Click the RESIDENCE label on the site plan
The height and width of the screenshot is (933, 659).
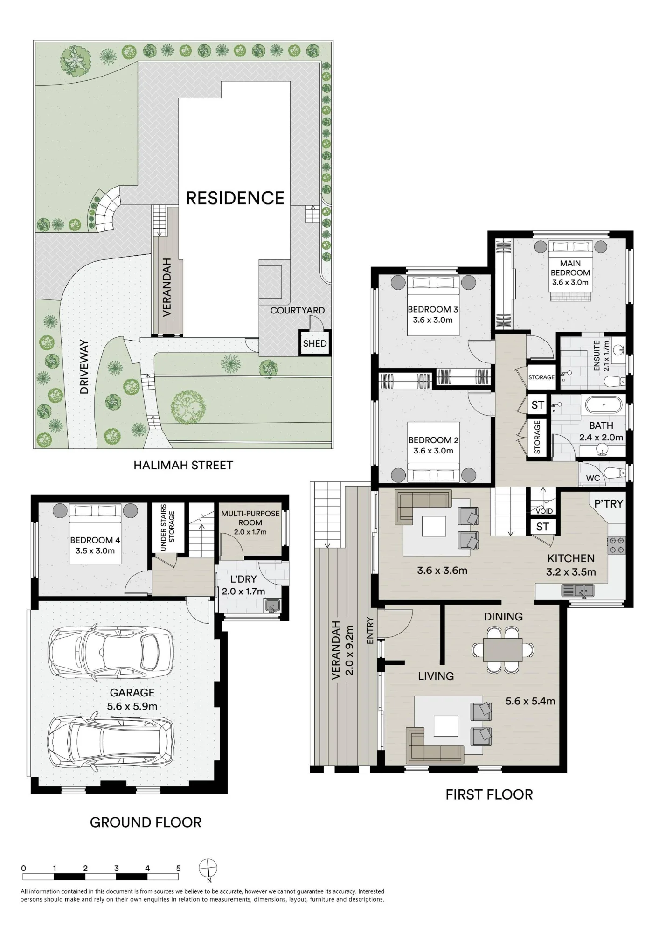pyautogui.click(x=235, y=198)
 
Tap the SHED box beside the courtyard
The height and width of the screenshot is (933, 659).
pyautogui.click(x=315, y=343)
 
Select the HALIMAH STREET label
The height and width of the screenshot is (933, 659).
pyautogui.click(x=183, y=465)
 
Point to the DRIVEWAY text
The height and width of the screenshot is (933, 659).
pyautogui.click(x=84, y=367)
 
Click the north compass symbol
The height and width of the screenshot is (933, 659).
pyautogui.click(x=208, y=869)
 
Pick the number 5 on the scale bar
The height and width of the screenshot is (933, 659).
pyautogui.click(x=178, y=868)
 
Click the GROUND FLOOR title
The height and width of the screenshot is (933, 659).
pyautogui.click(x=146, y=822)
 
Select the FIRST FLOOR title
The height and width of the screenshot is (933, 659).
pyautogui.click(x=489, y=794)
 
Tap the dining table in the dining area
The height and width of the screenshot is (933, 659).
pyautogui.click(x=503, y=650)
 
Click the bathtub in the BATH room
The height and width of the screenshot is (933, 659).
pyautogui.click(x=604, y=405)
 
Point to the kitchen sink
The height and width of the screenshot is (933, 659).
pyautogui.click(x=578, y=591)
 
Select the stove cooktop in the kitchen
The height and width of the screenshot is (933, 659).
pyautogui.click(x=616, y=545)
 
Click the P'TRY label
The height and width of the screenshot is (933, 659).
pyautogui.click(x=609, y=504)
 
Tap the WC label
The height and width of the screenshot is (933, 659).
pyautogui.click(x=593, y=478)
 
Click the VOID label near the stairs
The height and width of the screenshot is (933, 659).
pyautogui.click(x=544, y=511)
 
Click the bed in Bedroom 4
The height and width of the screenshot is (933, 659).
pyautogui.click(x=95, y=534)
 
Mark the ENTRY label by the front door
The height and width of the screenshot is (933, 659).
pyautogui.click(x=370, y=631)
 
